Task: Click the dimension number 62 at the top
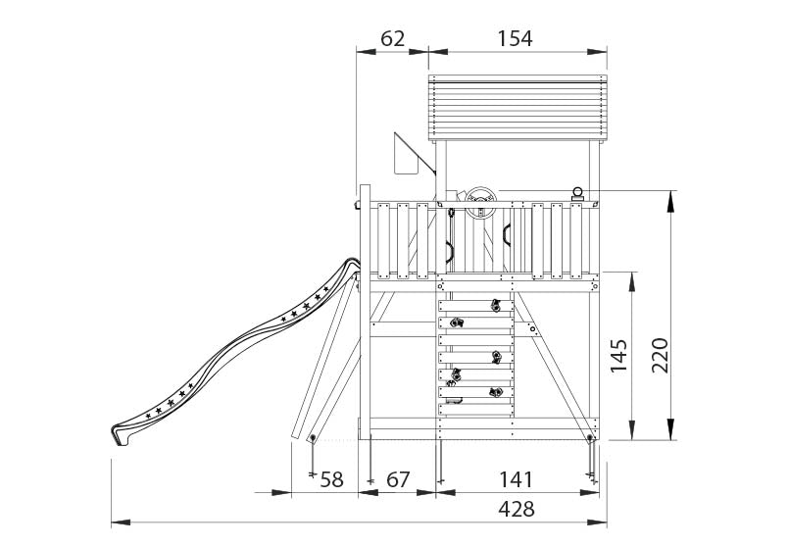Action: click(x=392, y=38)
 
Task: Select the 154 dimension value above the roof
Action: click(x=515, y=38)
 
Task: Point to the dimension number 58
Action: click(x=332, y=479)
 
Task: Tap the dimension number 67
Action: click(x=397, y=479)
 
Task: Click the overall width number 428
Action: click(x=517, y=509)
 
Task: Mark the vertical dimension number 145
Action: click(x=618, y=356)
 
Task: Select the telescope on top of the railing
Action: click(x=578, y=194)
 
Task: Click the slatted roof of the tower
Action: click(x=517, y=109)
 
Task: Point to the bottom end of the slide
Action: click(x=121, y=432)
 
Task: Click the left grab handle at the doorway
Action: click(x=451, y=251)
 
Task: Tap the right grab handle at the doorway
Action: click(x=507, y=235)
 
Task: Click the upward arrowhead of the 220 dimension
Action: click(x=671, y=198)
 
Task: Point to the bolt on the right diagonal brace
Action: click(x=533, y=330)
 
